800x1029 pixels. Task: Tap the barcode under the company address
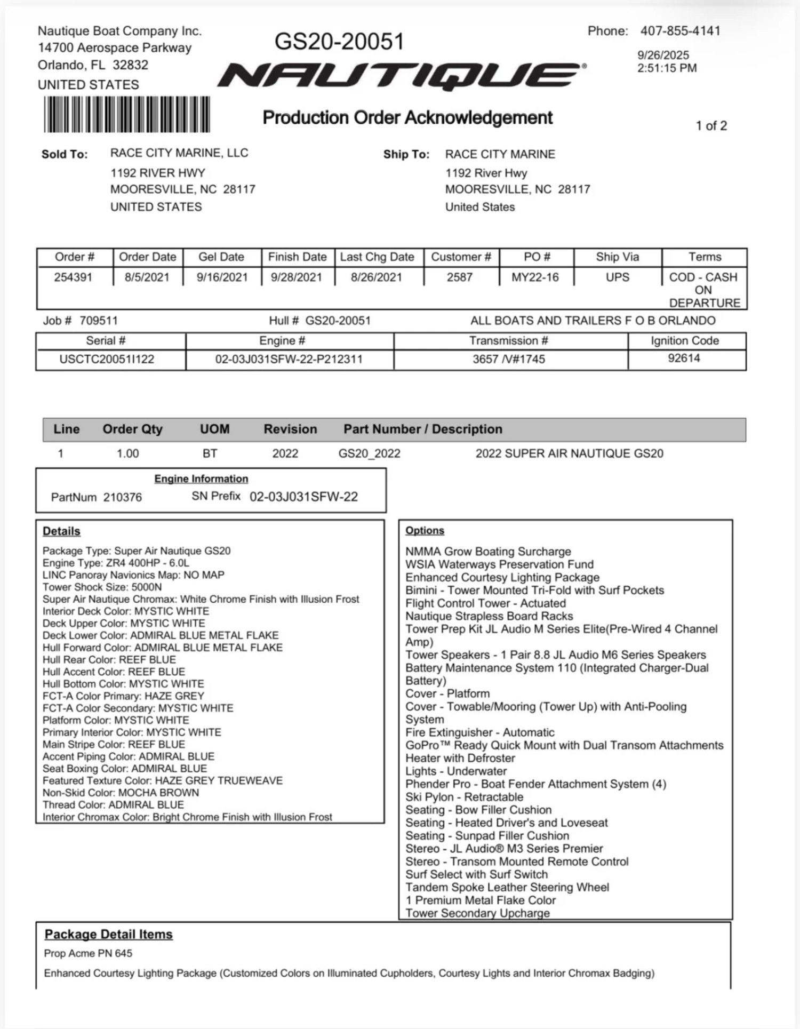point(127,114)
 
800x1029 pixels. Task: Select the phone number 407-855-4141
point(680,31)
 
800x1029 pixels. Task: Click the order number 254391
point(73,277)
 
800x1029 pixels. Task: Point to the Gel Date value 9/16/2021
point(222,277)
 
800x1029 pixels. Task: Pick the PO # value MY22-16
point(535,277)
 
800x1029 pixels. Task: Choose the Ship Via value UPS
point(617,277)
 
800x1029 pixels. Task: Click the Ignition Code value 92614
point(684,358)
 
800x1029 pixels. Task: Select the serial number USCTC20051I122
point(107,359)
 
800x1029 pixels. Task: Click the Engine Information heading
point(201,478)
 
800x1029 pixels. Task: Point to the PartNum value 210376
point(123,497)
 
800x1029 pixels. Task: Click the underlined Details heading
point(61,531)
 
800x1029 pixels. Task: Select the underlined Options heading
point(425,530)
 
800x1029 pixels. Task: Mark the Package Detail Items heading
point(108,934)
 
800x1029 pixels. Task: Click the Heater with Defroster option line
point(460,758)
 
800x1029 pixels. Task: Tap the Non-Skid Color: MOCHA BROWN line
point(121,793)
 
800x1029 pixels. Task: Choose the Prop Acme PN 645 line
point(88,953)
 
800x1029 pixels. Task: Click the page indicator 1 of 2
point(711,126)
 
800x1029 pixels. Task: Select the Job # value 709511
point(99,321)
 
